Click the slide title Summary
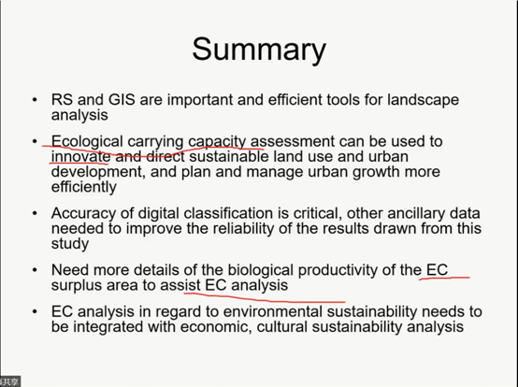259,50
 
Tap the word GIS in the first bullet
122,99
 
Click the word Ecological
87,142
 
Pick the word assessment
293,142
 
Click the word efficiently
84,188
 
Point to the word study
70,244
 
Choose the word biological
260,271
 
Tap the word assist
180,285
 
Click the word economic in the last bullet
216,327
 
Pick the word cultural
282,327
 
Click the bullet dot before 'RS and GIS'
35,100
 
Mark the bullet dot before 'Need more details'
35,270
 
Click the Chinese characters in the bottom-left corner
9,382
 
